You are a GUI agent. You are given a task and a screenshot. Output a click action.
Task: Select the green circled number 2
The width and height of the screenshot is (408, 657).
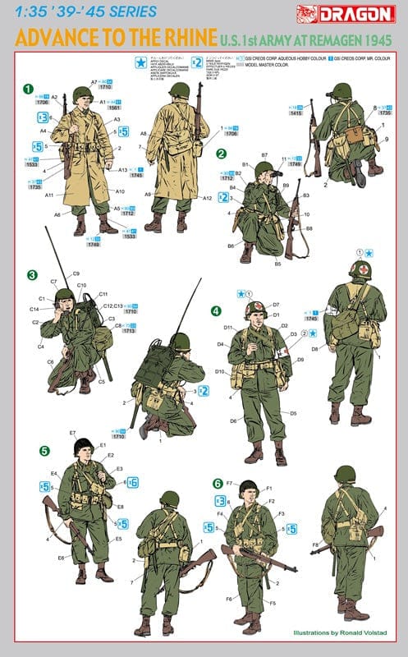tap(221, 154)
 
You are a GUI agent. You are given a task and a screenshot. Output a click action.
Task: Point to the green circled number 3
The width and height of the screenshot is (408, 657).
tap(32, 274)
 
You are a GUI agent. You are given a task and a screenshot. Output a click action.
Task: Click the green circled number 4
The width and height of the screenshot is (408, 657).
tap(216, 311)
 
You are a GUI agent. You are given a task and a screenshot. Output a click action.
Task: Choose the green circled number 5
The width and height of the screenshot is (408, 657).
tap(44, 450)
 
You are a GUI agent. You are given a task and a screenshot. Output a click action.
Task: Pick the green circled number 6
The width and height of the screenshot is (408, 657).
tap(218, 484)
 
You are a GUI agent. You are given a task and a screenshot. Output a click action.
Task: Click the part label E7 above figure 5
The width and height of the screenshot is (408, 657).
tap(72, 433)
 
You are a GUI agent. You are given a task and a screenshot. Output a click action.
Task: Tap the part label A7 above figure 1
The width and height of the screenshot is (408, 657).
tap(94, 82)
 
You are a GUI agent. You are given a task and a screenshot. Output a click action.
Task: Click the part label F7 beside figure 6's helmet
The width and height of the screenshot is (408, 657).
tap(230, 484)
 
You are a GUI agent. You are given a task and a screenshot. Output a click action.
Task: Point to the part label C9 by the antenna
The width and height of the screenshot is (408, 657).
tap(76, 273)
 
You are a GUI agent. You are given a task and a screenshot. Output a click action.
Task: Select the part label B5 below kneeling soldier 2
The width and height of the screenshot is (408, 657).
tap(277, 264)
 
